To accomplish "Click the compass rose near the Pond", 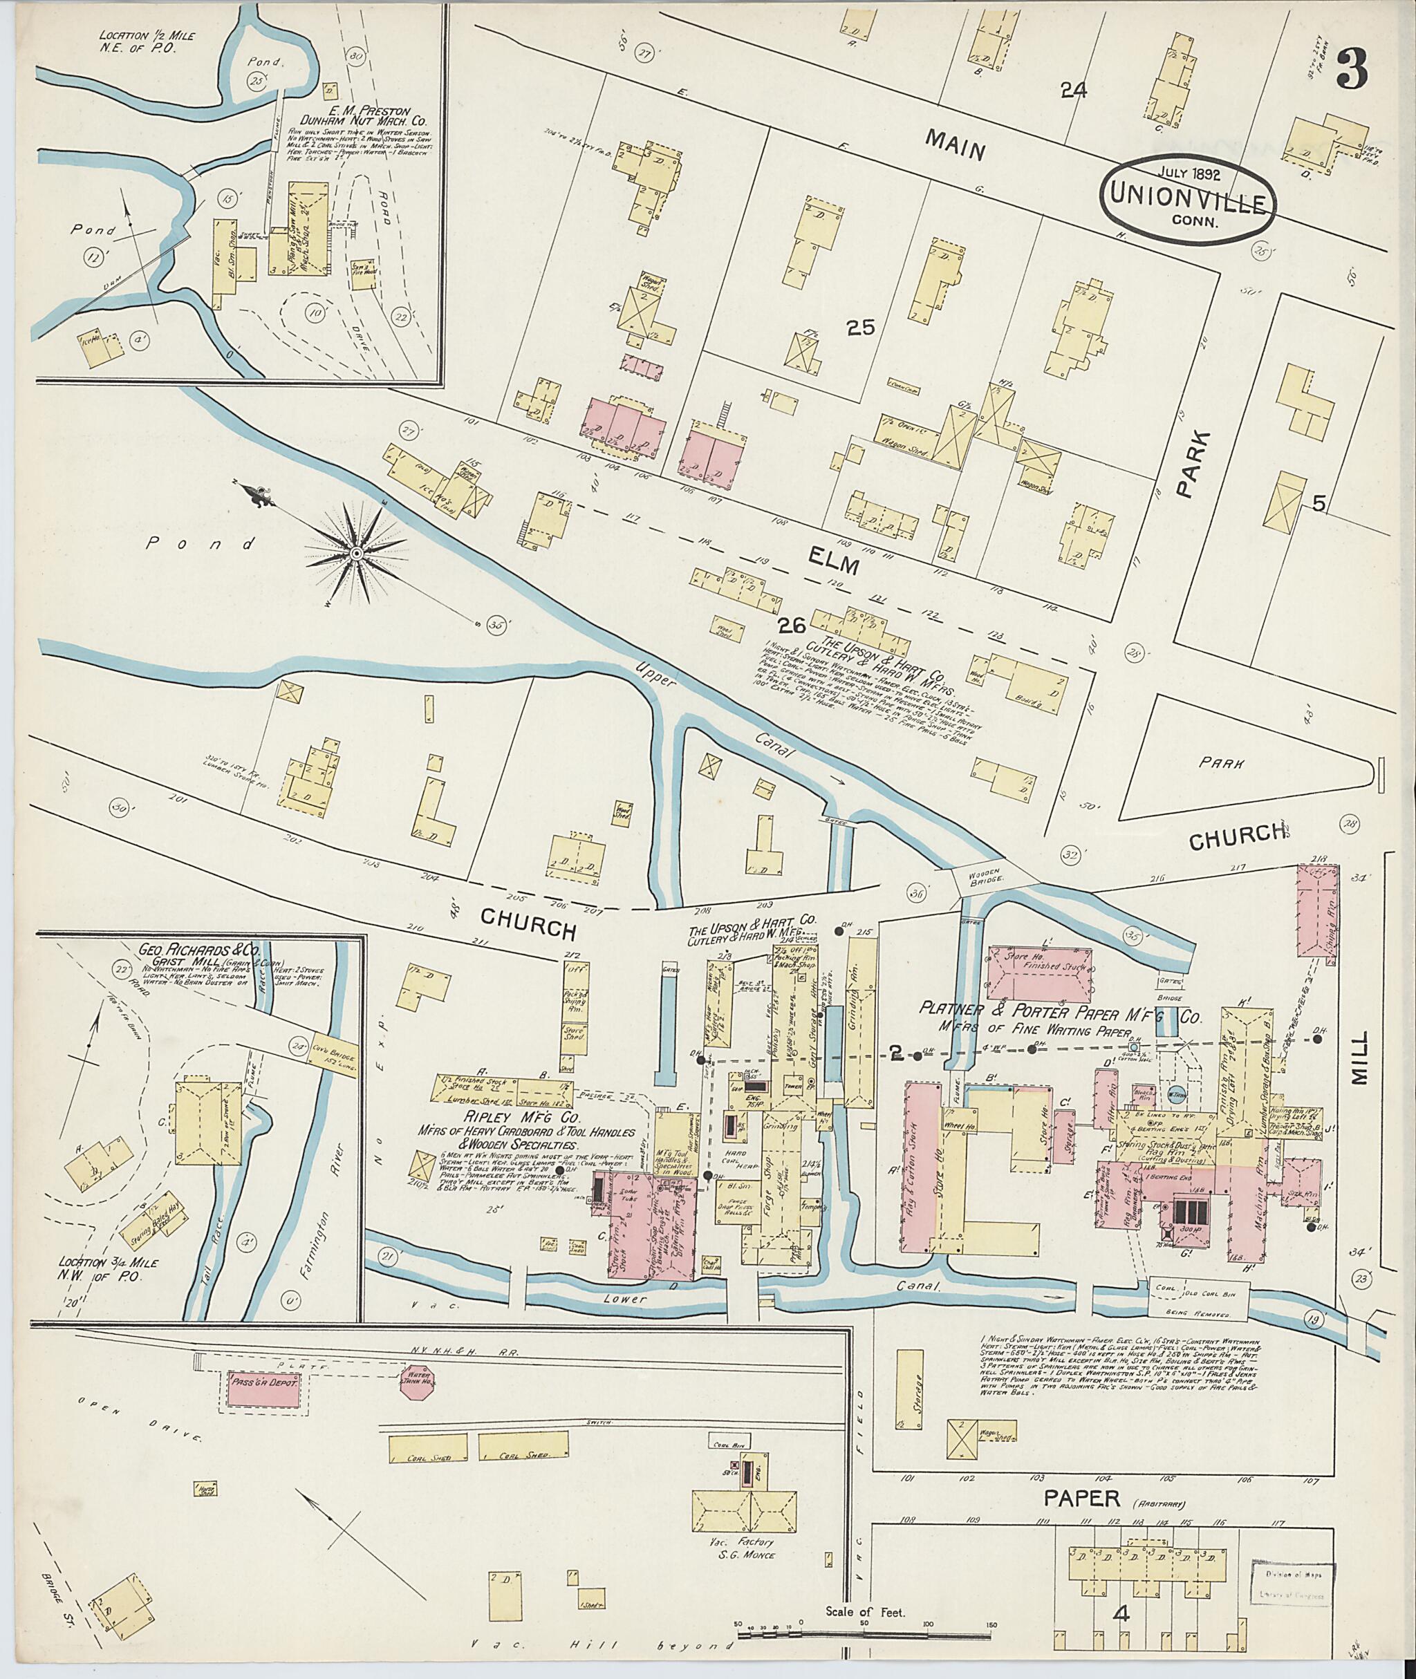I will pyautogui.click(x=355, y=552).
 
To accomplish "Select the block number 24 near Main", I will pyautogui.click(x=1073, y=91).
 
